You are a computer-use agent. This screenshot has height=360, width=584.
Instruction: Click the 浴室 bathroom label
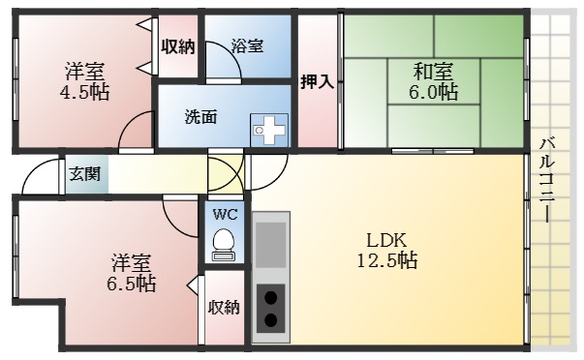click(248, 45)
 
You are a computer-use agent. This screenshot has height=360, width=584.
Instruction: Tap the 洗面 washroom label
click(200, 116)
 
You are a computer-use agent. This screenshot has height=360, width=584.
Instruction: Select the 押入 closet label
click(317, 81)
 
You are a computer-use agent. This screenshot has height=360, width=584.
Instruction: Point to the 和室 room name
click(433, 71)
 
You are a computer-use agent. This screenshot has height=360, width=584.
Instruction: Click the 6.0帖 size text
click(433, 92)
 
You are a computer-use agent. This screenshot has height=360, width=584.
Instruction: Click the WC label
click(225, 213)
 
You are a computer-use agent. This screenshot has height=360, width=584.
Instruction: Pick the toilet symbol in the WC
click(225, 242)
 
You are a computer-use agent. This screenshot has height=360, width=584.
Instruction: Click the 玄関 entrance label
click(81, 175)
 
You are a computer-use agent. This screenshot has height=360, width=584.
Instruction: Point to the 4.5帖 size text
click(85, 93)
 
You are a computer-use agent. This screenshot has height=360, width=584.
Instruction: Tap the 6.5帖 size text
click(131, 284)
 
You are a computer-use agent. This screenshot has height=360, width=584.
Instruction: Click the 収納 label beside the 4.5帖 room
click(178, 45)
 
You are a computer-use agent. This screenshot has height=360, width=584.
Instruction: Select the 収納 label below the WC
click(224, 308)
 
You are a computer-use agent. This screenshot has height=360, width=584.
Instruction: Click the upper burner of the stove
click(272, 297)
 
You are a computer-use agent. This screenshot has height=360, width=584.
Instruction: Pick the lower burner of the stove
click(272, 320)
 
